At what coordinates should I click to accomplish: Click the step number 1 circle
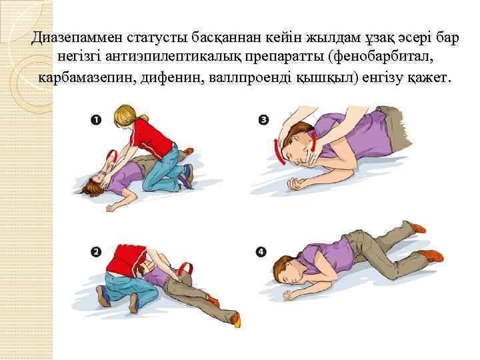96,120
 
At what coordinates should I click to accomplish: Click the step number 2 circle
96,252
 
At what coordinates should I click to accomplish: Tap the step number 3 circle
263,120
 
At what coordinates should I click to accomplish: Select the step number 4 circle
261,252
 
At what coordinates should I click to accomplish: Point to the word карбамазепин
87,79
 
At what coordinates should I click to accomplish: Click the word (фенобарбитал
383,58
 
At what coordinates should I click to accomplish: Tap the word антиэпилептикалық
170,58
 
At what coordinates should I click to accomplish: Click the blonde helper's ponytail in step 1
141,117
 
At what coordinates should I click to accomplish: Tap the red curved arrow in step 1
113,157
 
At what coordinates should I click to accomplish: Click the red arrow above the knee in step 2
186,268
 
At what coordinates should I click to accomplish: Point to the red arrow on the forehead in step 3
277,152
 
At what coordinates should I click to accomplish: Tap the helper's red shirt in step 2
125,259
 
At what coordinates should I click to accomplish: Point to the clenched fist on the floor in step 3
294,183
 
